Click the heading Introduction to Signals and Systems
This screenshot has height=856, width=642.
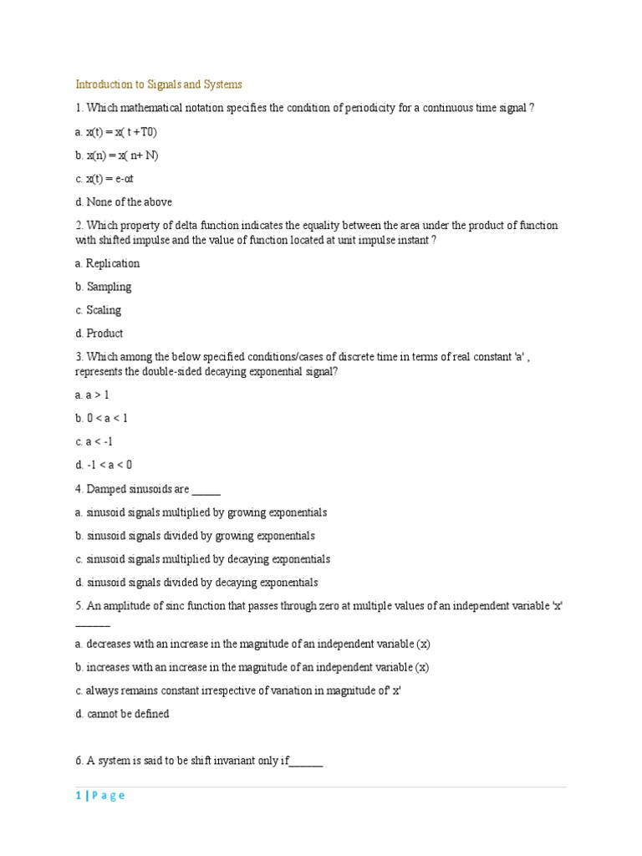tap(159, 84)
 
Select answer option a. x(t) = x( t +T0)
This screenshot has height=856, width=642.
tap(116, 132)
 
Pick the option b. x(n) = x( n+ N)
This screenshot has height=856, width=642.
tap(116, 155)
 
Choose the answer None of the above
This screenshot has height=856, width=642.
tap(124, 202)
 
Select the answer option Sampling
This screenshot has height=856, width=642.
tap(103, 287)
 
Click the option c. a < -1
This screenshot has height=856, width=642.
tap(94, 441)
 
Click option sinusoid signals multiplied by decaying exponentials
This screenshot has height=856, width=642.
tap(202, 559)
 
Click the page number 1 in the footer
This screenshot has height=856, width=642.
tap(78, 796)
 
